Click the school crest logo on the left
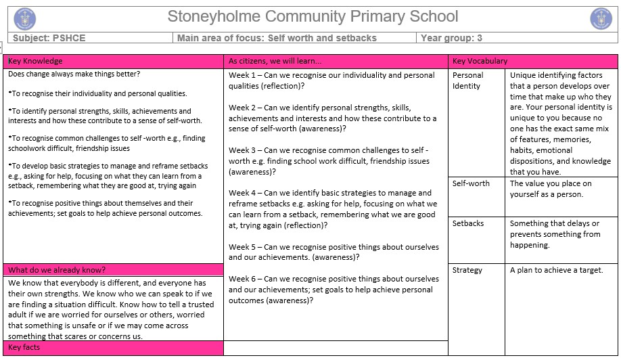[x=25, y=18]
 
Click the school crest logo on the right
[x=601, y=18]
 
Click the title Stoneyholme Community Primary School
[x=313, y=17]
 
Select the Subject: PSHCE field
[x=47, y=38]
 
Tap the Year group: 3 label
[x=451, y=38]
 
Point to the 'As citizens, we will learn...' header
[x=275, y=61]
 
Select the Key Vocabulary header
[x=480, y=61]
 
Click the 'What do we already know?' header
[x=57, y=269]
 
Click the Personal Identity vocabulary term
[x=468, y=81]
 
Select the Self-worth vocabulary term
[x=471, y=183]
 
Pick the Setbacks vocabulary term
[x=468, y=223]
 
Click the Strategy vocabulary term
[x=467, y=270]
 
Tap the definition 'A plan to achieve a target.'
[x=556, y=270]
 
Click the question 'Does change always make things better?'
[x=74, y=74]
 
